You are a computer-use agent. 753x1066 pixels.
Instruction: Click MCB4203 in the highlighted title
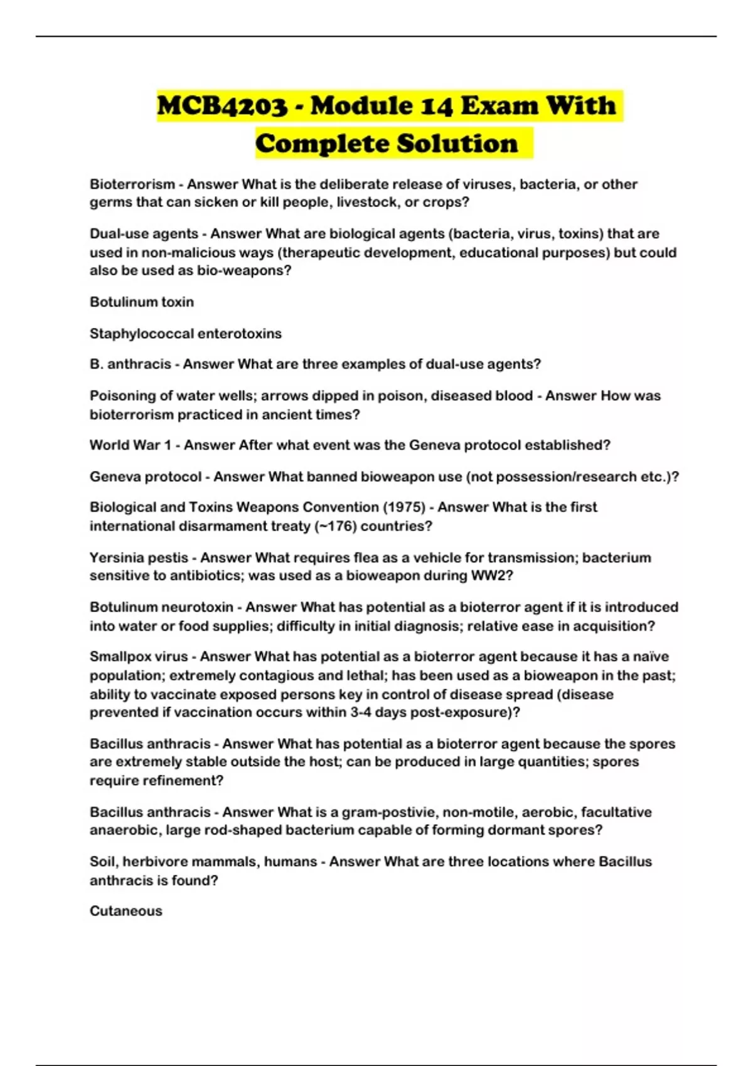[222, 105]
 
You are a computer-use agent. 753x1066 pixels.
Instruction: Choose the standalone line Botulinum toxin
[142, 302]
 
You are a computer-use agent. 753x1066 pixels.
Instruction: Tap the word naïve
[651, 657]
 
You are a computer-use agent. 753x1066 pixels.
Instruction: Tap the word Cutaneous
[126, 912]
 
